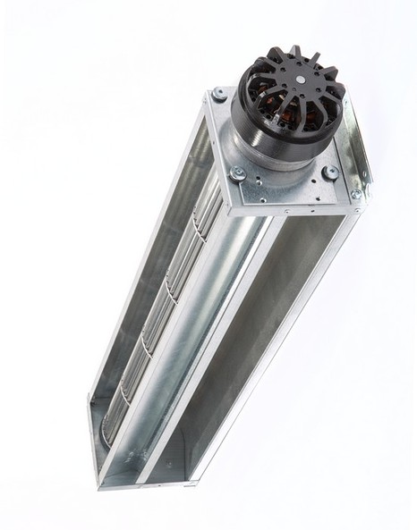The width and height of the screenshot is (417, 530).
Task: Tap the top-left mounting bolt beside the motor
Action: pos(218,94)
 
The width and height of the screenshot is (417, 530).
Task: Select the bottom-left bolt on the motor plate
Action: pos(237,172)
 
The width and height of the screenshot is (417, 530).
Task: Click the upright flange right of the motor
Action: pos(360,143)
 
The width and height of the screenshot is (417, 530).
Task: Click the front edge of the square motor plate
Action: pos(286,205)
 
